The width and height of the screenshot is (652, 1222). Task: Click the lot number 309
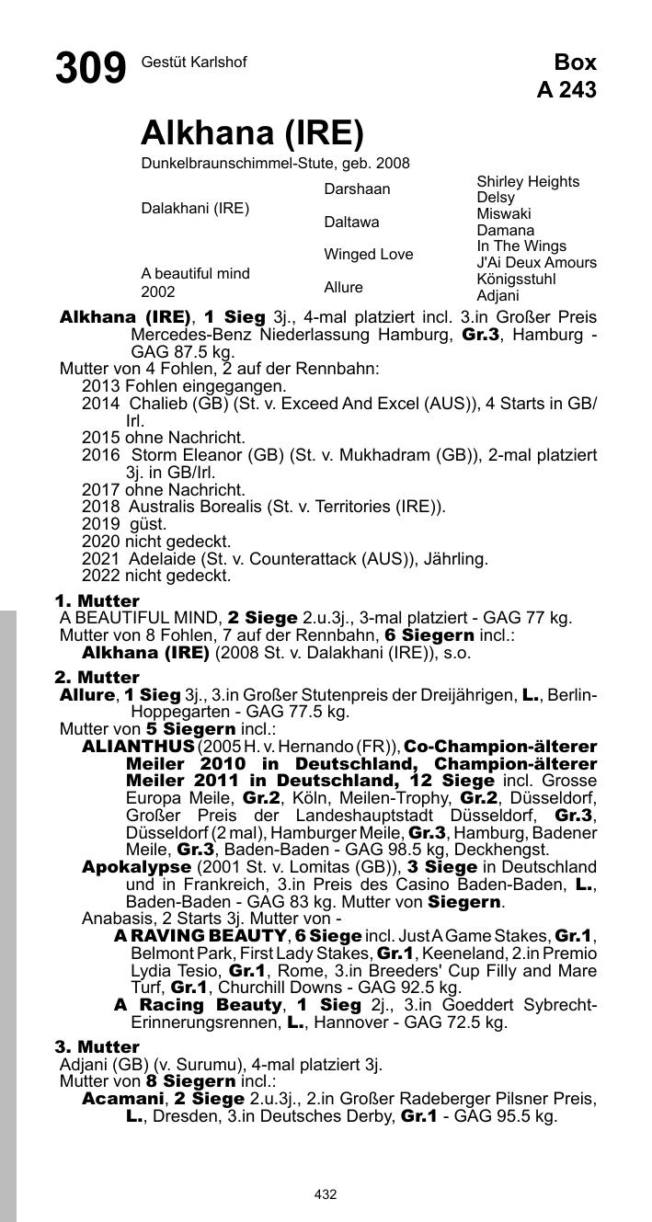pos(90,69)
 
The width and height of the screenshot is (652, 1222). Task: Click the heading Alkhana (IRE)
pos(252,134)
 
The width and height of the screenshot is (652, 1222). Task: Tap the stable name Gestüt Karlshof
pos(194,62)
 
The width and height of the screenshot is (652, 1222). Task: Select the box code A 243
pos(566,89)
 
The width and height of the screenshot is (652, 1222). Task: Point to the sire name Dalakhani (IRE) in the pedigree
pos(195,208)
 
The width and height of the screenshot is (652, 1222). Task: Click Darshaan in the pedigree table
pos(357,188)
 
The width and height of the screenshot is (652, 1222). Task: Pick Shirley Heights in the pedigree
pos(528,181)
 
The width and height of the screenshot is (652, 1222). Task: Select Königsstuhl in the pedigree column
pos(516,279)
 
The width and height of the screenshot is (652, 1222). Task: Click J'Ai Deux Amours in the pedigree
pos(536,262)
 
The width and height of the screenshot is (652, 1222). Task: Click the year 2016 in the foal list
pos(100,455)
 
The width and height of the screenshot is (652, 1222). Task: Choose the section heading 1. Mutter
pos(97,601)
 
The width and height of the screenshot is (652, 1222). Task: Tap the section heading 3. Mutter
pos(97,1046)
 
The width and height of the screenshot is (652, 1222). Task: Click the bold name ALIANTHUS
pos(138,746)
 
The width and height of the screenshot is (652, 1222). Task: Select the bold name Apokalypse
pos(137,867)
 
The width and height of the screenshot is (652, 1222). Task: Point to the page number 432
pos(326,1194)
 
